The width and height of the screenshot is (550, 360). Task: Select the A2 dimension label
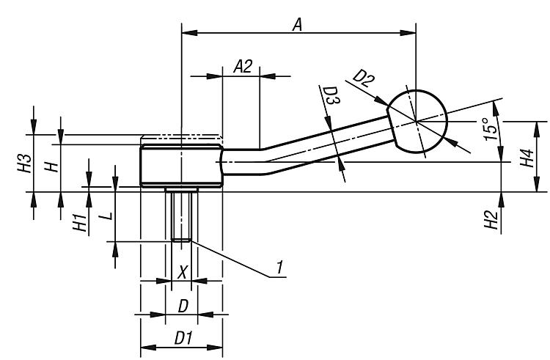click(x=243, y=67)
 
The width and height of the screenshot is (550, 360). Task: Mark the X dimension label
click(x=183, y=272)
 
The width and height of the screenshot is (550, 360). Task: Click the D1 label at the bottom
click(x=183, y=339)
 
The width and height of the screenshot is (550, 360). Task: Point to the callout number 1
click(x=279, y=271)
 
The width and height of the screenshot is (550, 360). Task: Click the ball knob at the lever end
click(x=416, y=120)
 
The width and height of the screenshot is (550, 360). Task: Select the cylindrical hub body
click(x=180, y=166)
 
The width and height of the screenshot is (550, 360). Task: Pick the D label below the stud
click(x=183, y=305)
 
